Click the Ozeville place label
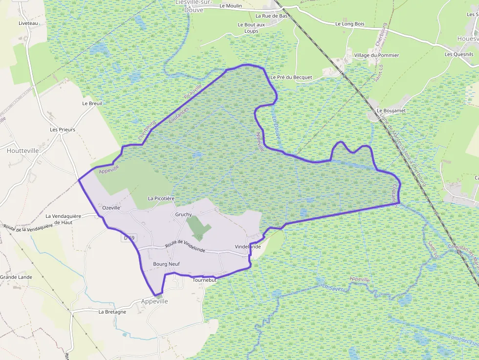point(111,208)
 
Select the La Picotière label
point(161,199)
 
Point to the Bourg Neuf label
point(167,264)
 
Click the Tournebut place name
point(204,280)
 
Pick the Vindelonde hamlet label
point(247,247)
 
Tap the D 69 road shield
point(129,238)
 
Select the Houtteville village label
point(22,151)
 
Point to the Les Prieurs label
point(63,130)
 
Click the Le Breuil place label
point(92,104)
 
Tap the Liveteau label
point(28,23)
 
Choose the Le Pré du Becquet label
point(291,77)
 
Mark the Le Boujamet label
point(391,111)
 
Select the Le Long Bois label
point(350,23)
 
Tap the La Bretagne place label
point(112,312)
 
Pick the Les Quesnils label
point(459,54)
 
